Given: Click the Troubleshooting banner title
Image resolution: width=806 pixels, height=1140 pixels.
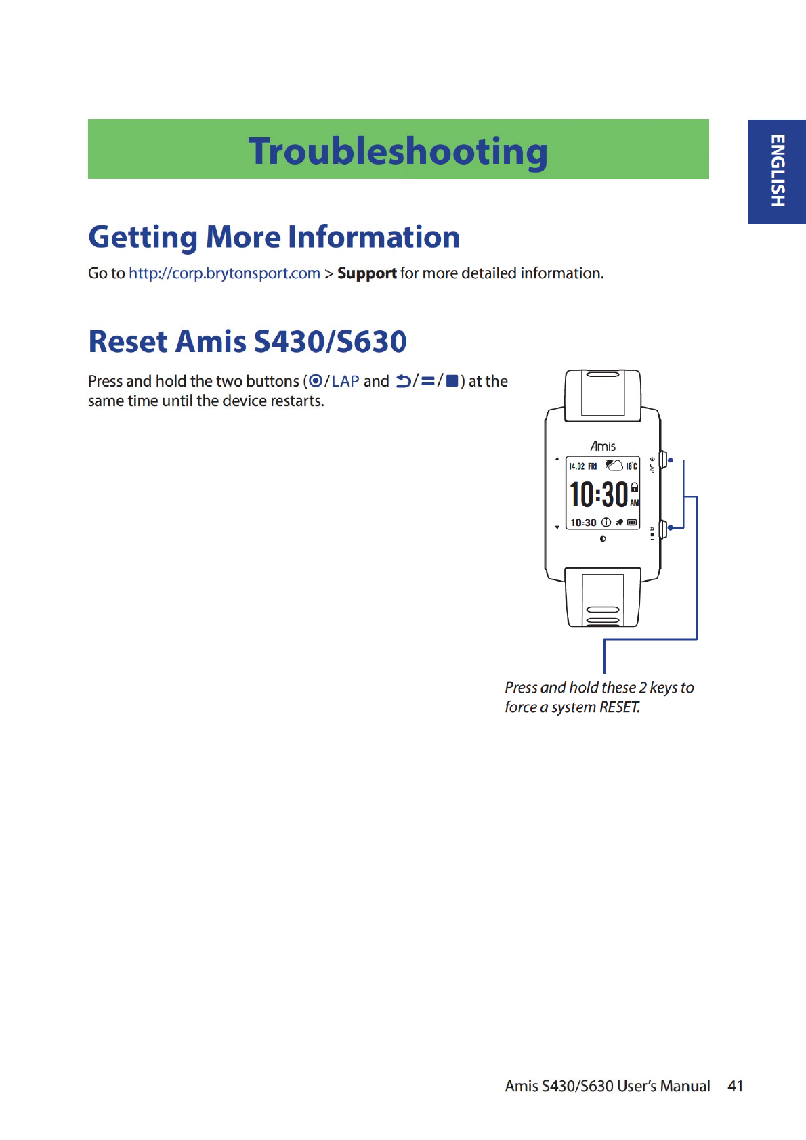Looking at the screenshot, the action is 398,151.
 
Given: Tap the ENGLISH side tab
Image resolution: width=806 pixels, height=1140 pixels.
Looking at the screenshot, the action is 777,171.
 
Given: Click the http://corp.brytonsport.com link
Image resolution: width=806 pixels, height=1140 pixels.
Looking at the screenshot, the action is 224,273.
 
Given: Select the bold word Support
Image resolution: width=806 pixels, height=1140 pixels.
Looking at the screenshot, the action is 366,273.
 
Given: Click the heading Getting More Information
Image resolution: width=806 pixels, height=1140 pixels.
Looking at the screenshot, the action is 274,237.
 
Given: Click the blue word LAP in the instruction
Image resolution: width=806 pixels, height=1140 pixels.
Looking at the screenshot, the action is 345,381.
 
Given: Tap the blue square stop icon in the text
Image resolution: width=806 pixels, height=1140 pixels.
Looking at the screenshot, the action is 452,381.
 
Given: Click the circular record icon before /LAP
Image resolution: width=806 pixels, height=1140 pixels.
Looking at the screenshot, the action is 315,381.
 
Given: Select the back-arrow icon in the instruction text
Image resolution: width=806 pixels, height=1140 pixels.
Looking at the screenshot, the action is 404,381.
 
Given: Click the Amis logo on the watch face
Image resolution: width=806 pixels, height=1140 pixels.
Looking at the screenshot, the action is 603,446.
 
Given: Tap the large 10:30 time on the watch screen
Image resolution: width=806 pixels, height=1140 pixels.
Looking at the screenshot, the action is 599,494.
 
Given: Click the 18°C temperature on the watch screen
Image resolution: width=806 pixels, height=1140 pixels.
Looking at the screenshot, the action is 631,466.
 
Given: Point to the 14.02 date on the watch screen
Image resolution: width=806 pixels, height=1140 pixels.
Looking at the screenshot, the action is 576,466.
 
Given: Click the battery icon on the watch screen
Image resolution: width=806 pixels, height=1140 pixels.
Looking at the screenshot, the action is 632,523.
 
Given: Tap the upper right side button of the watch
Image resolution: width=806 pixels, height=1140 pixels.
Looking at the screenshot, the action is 663,460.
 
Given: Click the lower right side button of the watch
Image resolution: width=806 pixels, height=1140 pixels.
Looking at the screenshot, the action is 663,528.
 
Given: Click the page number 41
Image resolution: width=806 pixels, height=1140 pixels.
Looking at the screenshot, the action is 735,1086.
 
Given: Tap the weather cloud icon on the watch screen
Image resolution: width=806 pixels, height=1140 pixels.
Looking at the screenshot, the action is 614,465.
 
